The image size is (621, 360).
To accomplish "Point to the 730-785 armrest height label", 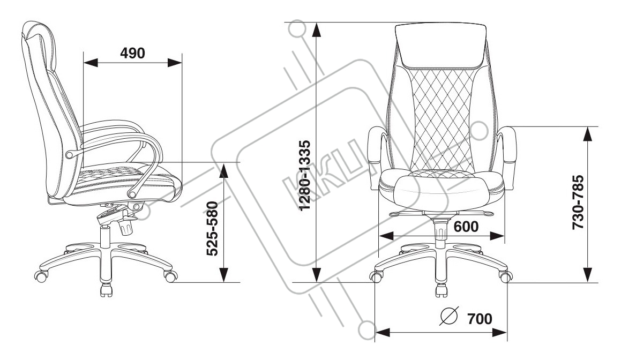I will coord(577,202).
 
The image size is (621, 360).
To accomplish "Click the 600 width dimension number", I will coord(466,227).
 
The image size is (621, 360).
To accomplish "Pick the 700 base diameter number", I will coord(480,319).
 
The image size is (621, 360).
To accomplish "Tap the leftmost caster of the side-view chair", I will coord(41,276).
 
